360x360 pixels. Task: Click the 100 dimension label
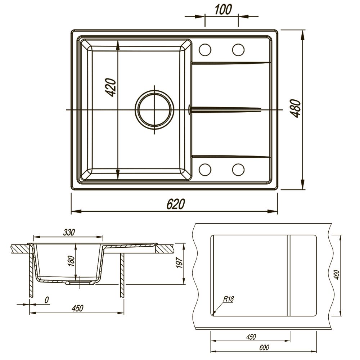223,10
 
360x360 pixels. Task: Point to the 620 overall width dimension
175,204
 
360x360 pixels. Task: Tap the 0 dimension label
46,300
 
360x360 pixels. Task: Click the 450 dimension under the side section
77,308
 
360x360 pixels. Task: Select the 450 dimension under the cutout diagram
251,337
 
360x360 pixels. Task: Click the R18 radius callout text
229,299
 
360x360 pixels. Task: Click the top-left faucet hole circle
205,50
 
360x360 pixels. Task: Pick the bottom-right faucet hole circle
238,169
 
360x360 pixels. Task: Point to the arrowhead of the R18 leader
213,314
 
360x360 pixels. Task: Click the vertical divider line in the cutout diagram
288,275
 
